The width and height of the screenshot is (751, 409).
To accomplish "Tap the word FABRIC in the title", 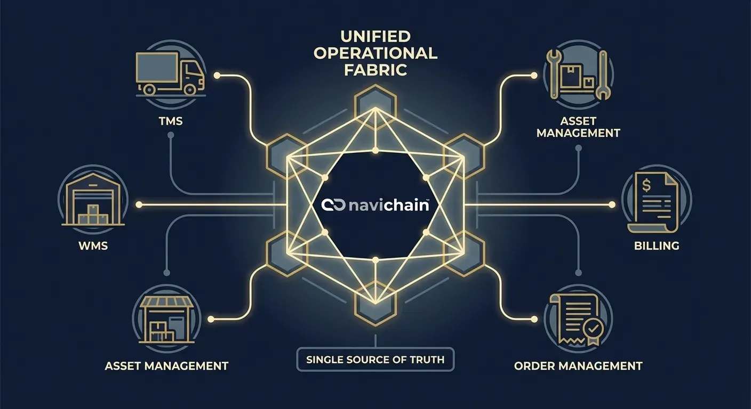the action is click(x=375, y=70).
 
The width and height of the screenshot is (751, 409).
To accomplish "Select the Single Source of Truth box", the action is click(x=375, y=360).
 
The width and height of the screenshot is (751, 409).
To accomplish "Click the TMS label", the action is click(x=171, y=121).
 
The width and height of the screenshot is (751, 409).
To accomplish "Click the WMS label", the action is click(x=93, y=246).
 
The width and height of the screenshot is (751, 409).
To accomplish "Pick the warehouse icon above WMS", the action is click(x=93, y=200).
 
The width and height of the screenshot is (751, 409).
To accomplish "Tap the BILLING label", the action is click(x=657, y=246).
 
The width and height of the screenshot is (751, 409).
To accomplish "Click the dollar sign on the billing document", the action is click(x=646, y=185).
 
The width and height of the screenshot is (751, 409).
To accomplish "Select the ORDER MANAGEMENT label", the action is click(x=578, y=366).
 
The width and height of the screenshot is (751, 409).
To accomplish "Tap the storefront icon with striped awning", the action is click(x=167, y=320).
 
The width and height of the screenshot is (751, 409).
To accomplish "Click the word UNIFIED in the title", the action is click(x=375, y=37).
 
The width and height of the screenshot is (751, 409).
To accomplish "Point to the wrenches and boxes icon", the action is click(x=579, y=75).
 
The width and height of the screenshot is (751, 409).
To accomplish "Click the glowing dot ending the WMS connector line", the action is click(x=139, y=204).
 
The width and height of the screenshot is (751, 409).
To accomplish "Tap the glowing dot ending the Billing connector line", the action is click(x=612, y=204).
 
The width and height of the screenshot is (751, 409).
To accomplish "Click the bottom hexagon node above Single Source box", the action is click(x=375, y=304).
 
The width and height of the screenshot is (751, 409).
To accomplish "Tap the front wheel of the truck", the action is click(x=190, y=89).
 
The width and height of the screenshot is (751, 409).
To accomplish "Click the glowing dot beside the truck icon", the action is click(x=217, y=76).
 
